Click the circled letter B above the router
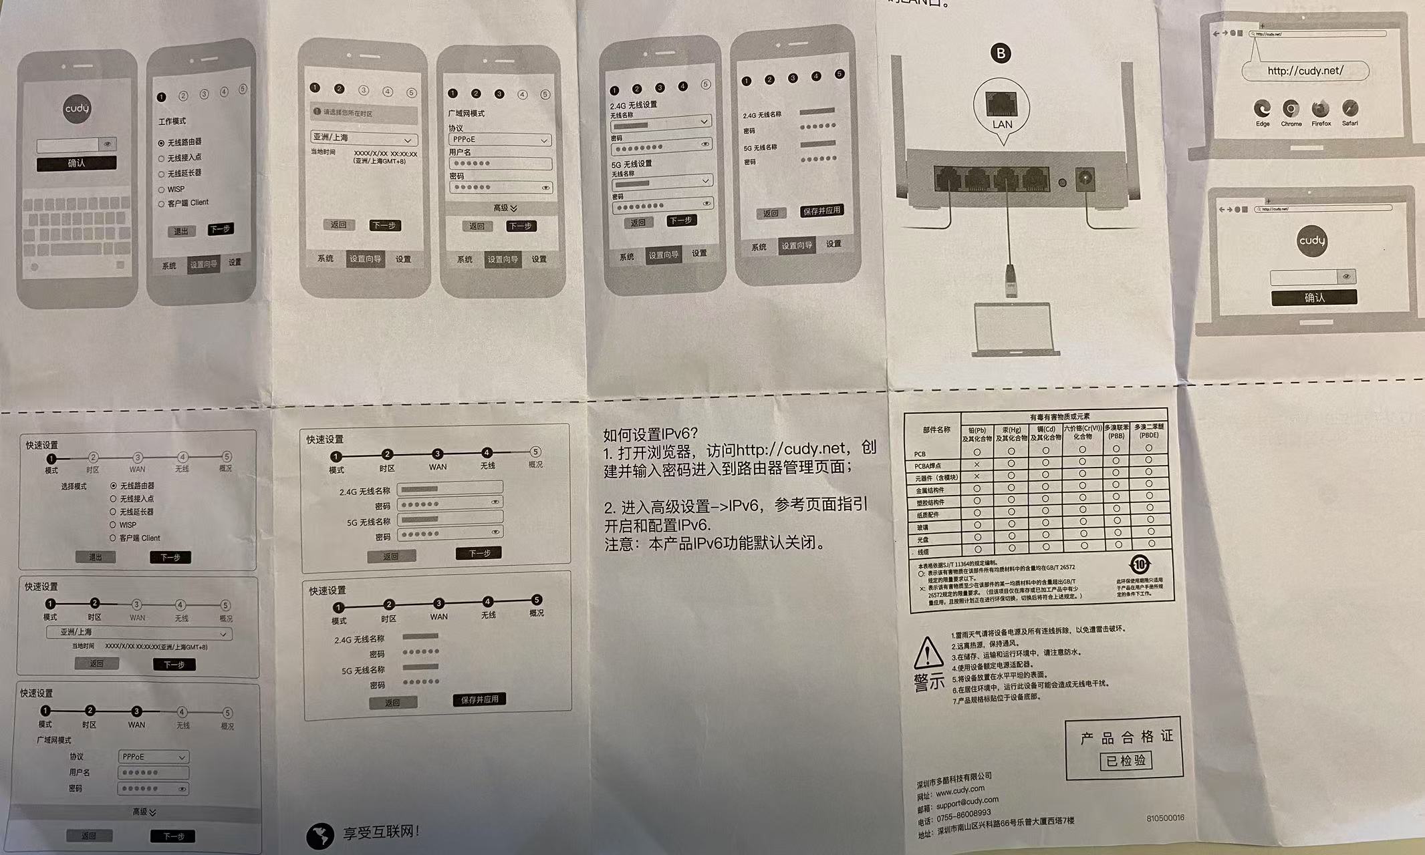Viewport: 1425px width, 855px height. coord(1001,53)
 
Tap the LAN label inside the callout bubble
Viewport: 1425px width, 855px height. coord(1002,124)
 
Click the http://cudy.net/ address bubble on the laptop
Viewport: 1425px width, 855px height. coord(1305,71)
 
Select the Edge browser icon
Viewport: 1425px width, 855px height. coord(1262,109)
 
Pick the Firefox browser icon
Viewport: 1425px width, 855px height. coord(1320,109)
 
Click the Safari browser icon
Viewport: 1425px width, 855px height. coord(1349,109)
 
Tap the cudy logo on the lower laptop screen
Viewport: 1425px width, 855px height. coord(1311,240)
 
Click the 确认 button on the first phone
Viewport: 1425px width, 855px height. coord(76,163)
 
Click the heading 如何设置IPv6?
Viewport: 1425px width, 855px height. coord(650,435)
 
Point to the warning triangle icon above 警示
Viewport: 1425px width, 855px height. coord(928,653)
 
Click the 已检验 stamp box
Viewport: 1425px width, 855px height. coord(1126,760)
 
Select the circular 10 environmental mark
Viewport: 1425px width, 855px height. coord(1140,564)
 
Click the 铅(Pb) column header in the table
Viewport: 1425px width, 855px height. coord(977,434)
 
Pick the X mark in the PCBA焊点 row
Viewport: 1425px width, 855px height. coord(977,464)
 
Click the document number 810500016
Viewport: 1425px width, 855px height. coord(1164,818)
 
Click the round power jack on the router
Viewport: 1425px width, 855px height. coord(1083,179)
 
